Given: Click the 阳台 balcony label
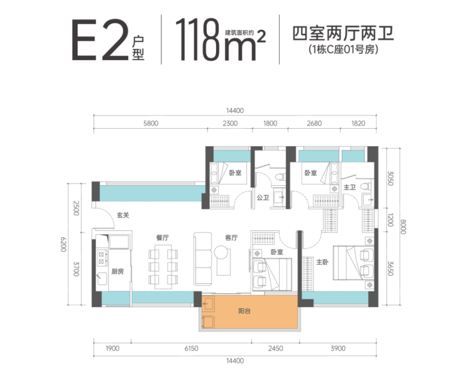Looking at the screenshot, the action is click(x=244, y=311).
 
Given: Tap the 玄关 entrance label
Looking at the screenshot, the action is click(x=123, y=215).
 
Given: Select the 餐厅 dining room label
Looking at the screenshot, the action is click(x=162, y=238).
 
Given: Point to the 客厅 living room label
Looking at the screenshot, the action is click(x=231, y=238).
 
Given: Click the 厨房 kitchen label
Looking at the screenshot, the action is click(x=118, y=271).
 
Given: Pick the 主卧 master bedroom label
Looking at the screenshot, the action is click(x=322, y=262).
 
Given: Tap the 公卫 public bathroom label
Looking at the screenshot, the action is click(x=263, y=197).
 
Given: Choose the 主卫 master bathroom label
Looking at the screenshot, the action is click(x=349, y=187).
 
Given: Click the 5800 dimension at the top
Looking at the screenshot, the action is click(x=151, y=123).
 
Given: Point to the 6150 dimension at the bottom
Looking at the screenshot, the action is click(x=191, y=348).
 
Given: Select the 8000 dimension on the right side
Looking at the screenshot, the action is click(x=403, y=227).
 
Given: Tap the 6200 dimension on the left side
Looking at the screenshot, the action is click(x=63, y=244).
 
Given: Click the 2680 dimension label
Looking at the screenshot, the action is click(x=314, y=123).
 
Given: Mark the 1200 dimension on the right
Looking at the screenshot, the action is click(x=390, y=220).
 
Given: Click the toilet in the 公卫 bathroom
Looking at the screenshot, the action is click(x=280, y=177).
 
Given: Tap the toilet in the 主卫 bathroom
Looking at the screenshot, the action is click(x=366, y=186).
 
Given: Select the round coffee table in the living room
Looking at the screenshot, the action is click(x=221, y=252).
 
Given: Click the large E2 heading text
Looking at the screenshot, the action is click(x=101, y=40).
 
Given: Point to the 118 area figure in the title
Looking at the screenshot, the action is click(x=197, y=40).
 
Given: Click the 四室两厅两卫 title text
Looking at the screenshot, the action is click(x=343, y=33).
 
